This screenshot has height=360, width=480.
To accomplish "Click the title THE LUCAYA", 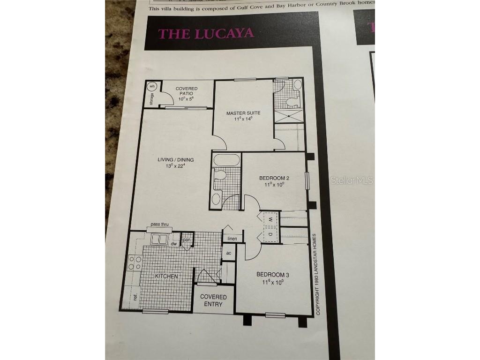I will click(206, 33).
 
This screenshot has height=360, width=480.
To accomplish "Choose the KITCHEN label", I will click(166, 276).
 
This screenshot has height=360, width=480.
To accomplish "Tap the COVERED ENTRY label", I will click(213, 300).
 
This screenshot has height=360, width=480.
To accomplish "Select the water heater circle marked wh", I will click(152, 87).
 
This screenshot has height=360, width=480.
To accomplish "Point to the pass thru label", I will click(159, 225).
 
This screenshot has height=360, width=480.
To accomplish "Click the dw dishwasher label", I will click(173, 244).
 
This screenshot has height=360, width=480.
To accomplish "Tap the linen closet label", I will click(232, 239).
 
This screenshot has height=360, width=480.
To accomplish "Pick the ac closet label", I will click(229, 253).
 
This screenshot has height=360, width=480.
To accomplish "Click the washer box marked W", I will click(270, 219).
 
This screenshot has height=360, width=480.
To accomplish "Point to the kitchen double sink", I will click(159, 239).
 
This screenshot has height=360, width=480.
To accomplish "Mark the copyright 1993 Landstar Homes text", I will click(317, 274).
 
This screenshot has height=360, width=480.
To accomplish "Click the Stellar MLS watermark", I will click(352, 180).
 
